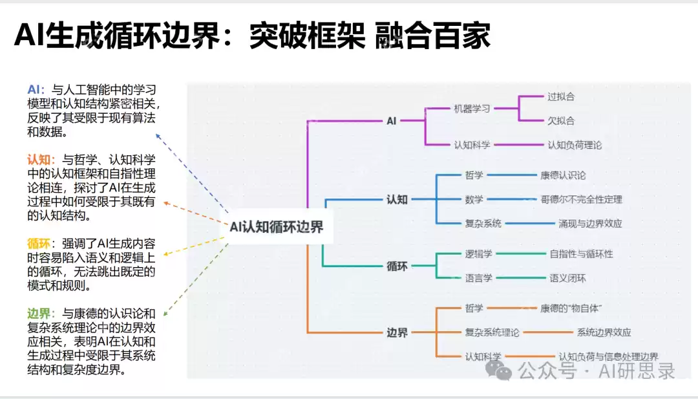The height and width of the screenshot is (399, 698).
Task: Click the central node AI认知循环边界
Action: (277, 227)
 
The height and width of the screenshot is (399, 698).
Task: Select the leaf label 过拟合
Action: (560, 96)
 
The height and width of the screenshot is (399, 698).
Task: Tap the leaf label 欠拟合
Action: (560, 120)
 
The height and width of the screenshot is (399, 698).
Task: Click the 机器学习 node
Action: (472, 108)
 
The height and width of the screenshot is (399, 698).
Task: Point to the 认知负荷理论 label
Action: (574, 145)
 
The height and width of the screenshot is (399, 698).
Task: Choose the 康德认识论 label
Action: (563, 175)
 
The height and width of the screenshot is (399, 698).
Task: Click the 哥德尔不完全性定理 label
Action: (581, 199)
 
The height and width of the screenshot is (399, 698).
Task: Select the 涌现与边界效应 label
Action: (590, 224)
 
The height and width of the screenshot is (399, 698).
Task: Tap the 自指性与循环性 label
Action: (581, 253)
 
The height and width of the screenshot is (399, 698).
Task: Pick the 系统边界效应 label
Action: (604, 332)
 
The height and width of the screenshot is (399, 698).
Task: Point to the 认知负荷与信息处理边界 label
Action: (608, 357)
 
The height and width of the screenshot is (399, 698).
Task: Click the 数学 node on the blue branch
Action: (474, 199)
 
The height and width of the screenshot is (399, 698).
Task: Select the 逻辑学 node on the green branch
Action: (478, 253)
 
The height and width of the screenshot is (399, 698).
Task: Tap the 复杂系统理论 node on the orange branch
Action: (492, 332)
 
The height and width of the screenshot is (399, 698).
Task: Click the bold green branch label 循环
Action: (397, 266)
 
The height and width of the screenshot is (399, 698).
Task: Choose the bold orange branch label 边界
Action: (397, 333)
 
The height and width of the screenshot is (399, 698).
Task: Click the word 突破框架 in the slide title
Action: (307, 36)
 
